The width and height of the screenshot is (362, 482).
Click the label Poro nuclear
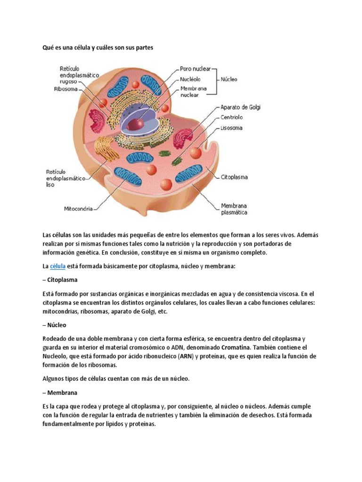(195, 69)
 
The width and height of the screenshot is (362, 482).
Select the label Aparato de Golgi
(240, 107)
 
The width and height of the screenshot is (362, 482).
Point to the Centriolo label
(231, 117)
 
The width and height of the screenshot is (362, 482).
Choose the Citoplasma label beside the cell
(234, 177)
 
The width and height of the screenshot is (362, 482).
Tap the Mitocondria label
(78, 208)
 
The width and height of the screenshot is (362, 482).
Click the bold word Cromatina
(263, 347)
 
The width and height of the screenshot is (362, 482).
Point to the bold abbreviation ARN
(185, 356)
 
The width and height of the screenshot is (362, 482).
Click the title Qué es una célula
(98, 48)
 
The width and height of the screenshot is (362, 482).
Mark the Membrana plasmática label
(234, 209)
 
